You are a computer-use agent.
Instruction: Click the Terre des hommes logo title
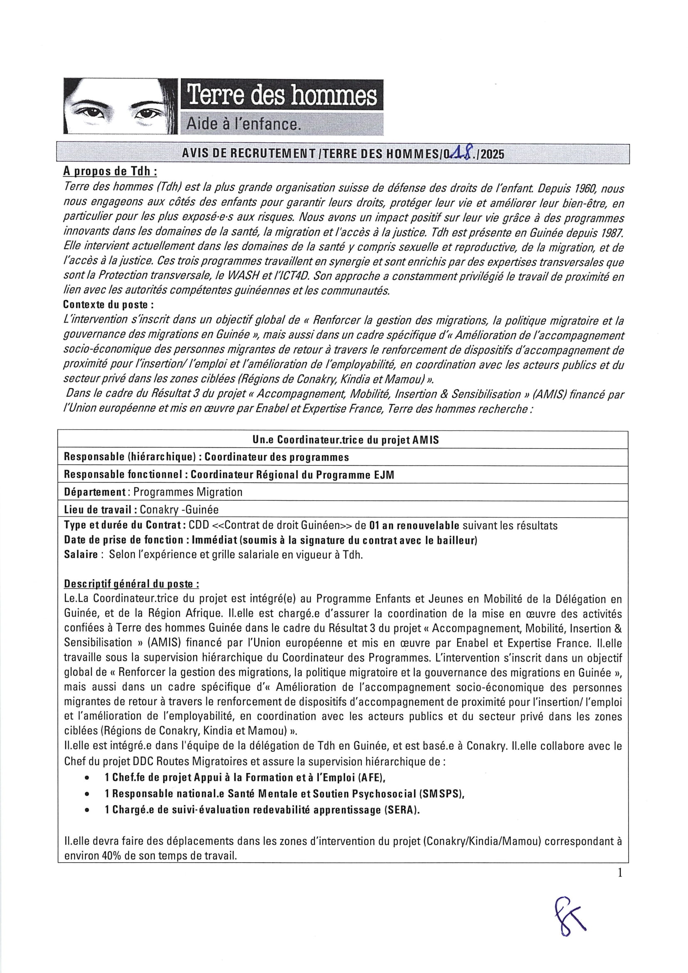tap(282, 95)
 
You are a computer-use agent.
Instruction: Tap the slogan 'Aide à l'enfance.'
tap(244, 124)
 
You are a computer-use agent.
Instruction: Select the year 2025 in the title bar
tap(492, 154)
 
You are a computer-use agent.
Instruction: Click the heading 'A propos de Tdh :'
tap(110, 171)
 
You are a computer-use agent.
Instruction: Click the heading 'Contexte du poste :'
tap(109, 305)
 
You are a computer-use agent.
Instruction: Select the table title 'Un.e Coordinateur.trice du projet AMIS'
tap(345, 440)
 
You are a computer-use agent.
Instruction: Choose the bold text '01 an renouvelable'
tap(414, 526)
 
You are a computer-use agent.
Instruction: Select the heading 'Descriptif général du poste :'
tap(131, 584)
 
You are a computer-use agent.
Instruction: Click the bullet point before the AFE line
tap(87, 778)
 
